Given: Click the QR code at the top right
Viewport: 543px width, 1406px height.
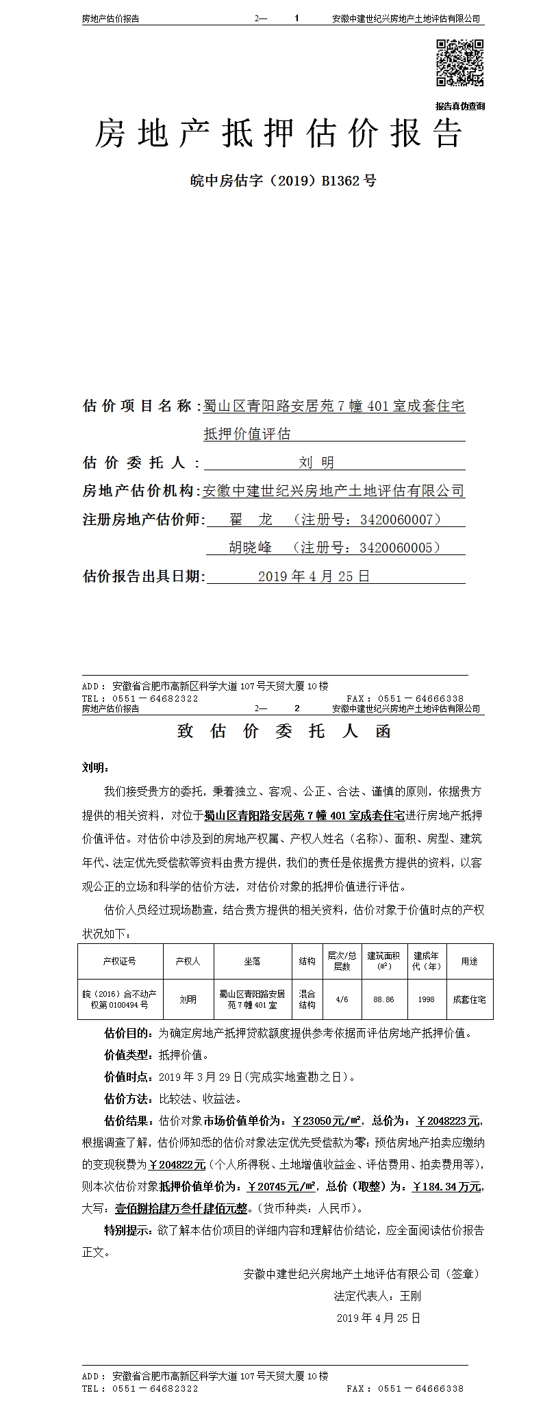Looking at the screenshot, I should pyautogui.click(x=460, y=63).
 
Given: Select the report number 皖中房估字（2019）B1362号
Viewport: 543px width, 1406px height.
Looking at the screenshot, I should pyautogui.click(x=283, y=181).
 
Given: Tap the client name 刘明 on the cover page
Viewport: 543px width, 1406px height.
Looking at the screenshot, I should pyautogui.click(x=316, y=463).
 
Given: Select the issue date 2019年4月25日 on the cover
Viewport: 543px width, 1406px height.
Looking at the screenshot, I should pyautogui.click(x=314, y=576).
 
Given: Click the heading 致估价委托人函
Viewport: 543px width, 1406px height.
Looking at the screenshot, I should pyautogui.click(x=283, y=731).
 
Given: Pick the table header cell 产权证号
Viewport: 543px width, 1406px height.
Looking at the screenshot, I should pyautogui.click(x=120, y=961).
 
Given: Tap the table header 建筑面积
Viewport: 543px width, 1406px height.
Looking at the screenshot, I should pyautogui.click(x=383, y=961).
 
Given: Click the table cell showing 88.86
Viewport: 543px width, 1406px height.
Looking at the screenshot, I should pyautogui.click(x=383, y=999).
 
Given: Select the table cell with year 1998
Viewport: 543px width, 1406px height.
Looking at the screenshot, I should pyautogui.click(x=426, y=999).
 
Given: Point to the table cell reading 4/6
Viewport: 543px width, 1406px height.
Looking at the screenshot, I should pyautogui.click(x=342, y=999).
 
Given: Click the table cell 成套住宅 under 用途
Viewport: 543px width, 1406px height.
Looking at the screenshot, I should pyautogui.click(x=469, y=999).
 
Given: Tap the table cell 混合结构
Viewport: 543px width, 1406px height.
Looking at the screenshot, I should pyautogui.click(x=307, y=999).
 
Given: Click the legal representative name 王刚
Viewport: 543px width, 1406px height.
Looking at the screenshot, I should pyautogui.click(x=411, y=1296).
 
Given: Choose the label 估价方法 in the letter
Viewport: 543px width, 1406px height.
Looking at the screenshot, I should pyautogui.click(x=128, y=1099).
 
